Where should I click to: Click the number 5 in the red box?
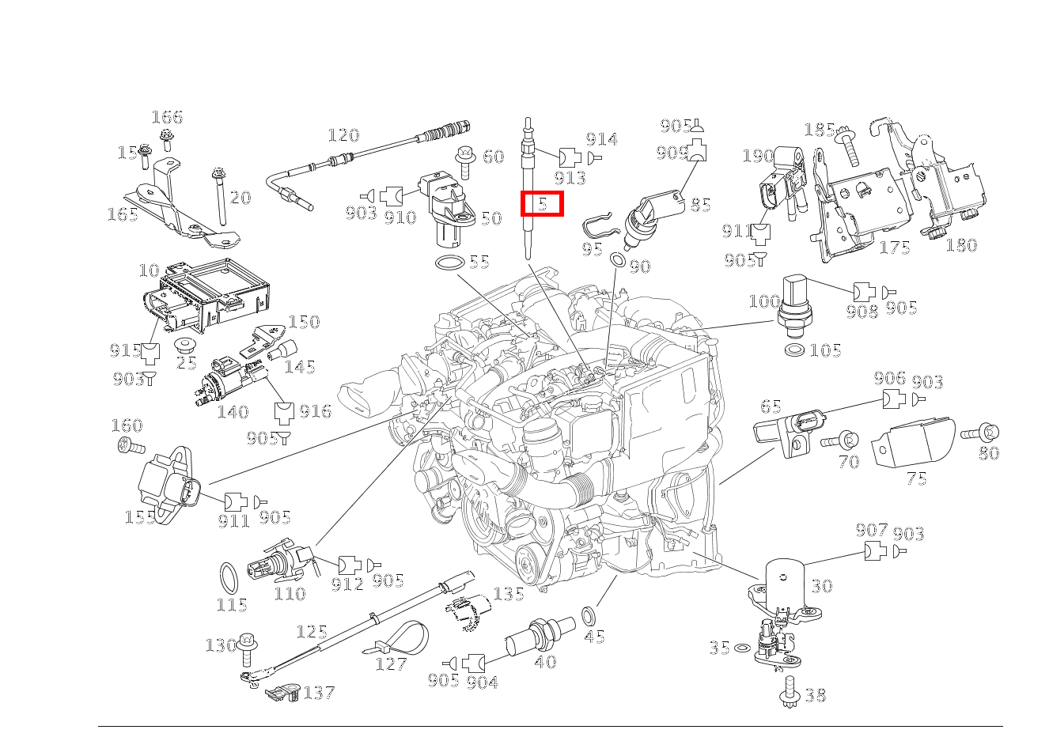tap(542, 204)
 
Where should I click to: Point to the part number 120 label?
tap(343, 135)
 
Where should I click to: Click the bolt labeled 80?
tap(979, 433)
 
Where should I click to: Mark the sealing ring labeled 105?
tap(794, 349)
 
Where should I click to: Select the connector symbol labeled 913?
tap(570, 157)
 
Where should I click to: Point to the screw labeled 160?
tap(130, 447)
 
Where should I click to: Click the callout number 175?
tap(895, 248)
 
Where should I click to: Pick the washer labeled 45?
tap(589, 614)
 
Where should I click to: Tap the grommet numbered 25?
tap(186, 346)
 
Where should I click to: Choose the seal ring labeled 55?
tap(449, 263)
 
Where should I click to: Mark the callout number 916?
tap(315, 411)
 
